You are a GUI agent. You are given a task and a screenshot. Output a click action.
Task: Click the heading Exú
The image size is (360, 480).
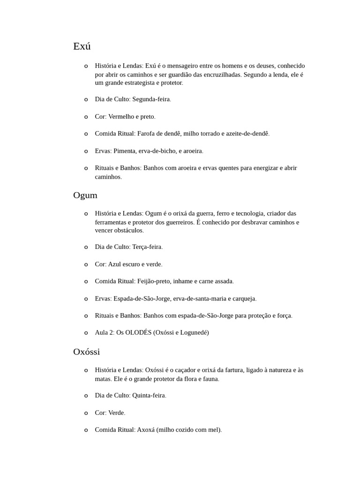[82, 46]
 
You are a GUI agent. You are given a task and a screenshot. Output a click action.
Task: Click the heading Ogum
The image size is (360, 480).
[85, 195]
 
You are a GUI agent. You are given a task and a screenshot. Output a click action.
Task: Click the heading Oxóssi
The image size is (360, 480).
[87, 352]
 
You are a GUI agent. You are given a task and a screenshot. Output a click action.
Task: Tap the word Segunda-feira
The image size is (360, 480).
[151, 99]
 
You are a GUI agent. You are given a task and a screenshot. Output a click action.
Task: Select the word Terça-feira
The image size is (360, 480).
[147, 247]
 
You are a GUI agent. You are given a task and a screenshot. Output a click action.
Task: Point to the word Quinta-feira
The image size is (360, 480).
[149, 395]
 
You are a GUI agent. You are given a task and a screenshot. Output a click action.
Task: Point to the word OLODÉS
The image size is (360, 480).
[138, 332]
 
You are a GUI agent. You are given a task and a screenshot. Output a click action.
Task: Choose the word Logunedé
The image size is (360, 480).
[191, 332]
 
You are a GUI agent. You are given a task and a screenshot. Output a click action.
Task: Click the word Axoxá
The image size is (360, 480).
[146, 429]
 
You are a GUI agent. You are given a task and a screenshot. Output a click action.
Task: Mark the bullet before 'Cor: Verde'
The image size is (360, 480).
[86, 413]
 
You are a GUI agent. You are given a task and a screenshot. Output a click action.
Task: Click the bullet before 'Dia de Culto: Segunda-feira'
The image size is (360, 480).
[86, 100]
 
